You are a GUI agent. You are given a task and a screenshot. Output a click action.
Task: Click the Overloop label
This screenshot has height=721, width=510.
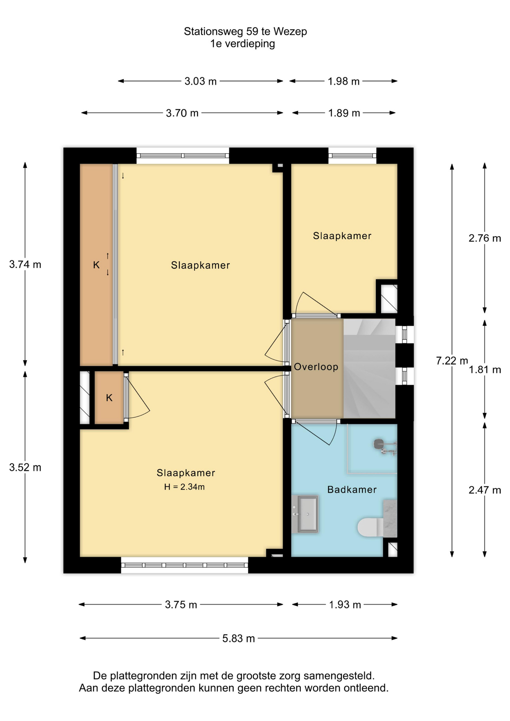(316, 367)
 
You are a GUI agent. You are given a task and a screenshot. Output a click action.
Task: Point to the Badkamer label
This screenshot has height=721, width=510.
(352, 490)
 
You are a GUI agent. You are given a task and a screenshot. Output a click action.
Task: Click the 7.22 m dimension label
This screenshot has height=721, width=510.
(452, 361)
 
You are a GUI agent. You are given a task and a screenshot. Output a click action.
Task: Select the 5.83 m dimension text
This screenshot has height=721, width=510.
(238, 639)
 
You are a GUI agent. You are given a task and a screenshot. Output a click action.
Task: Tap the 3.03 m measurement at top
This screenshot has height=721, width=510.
(201, 81)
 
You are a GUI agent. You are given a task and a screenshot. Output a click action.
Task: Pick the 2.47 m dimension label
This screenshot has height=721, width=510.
(484, 490)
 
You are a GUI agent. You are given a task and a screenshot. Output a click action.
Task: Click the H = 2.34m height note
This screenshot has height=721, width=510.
(184, 487)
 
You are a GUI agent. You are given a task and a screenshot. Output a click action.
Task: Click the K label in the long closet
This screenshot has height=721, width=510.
(97, 265)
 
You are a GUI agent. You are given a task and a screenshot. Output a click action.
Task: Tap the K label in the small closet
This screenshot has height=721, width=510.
(109, 398)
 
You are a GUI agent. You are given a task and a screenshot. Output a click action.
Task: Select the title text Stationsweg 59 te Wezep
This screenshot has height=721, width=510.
(245, 32)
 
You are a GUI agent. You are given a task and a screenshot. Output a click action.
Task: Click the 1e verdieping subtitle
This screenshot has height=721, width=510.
(243, 44)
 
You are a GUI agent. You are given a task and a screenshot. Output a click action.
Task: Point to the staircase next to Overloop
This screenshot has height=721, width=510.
(369, 368)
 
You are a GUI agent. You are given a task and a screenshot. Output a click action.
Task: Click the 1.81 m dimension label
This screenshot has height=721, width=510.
(484, 370)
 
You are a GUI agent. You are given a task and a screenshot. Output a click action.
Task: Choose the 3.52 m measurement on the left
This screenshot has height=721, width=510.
(25, 468)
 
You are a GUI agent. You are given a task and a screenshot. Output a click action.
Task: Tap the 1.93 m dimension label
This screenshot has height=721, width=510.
(345, 605)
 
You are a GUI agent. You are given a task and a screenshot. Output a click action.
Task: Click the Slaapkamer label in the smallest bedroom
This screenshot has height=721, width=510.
(342, 236)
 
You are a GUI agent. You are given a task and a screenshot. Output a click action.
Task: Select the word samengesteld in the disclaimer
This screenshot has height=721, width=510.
(339, 676)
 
